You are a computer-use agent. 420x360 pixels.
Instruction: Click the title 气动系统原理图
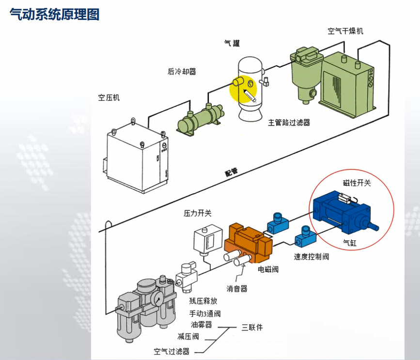pyautogui.click(x=55, y=15)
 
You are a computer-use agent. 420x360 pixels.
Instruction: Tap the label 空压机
pyautogui.click(x=109, y=97)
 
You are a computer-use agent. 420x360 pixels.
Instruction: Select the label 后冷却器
pyautogui.click(x=182, y=71)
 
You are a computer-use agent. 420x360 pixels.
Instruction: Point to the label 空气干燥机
pyautogui.click(x=345, y=31)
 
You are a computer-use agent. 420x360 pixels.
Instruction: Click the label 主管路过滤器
pyautogui.click(x=289, y=123)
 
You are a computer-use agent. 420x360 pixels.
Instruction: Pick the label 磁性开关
pyautogui.click(x=357, y=183)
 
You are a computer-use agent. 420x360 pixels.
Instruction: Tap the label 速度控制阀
pyautogui.click(x=311, y=256)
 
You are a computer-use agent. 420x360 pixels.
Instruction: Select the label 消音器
pyautogui.click(x=237, y=288)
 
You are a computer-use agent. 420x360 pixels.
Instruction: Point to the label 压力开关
pyautogui.click(x=197, y=213)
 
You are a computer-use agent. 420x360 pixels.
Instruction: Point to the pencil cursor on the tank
pyautogui.click(x=250, y=95)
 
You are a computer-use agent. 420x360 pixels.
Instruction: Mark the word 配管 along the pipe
pyautogui.click(x=232, y=172)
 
